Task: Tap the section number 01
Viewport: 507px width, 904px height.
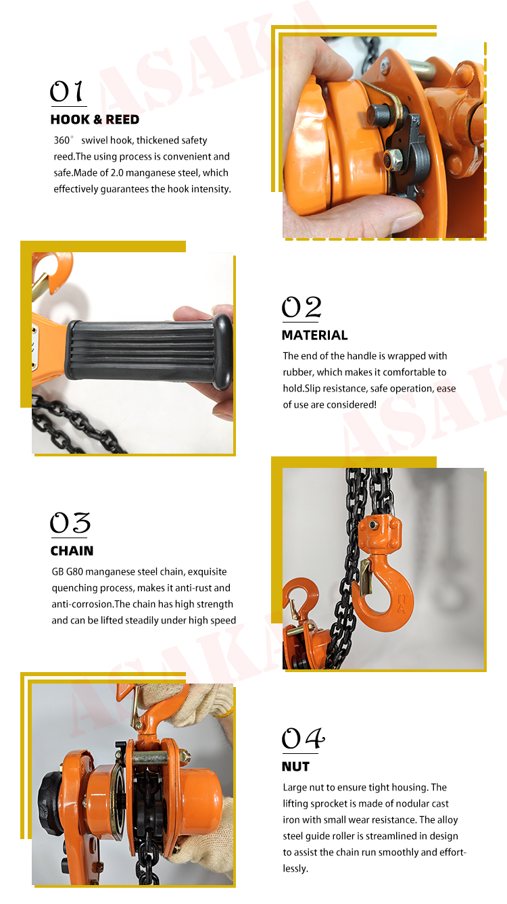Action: click(67, 92)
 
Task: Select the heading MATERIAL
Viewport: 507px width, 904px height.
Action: click(314, 335)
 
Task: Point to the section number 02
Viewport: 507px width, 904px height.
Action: click(301, 308)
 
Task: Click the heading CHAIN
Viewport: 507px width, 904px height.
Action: click(72, 551)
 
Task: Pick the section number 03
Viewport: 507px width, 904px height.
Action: click(70, 523)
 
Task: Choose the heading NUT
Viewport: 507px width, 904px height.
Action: click(295, 767)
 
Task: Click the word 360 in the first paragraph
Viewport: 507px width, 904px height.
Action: click(62, 141)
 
